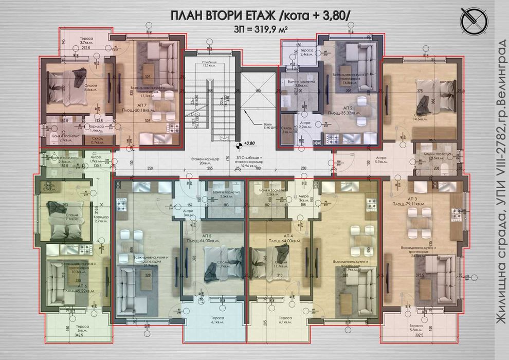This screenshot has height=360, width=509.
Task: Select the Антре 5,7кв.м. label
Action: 380,160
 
